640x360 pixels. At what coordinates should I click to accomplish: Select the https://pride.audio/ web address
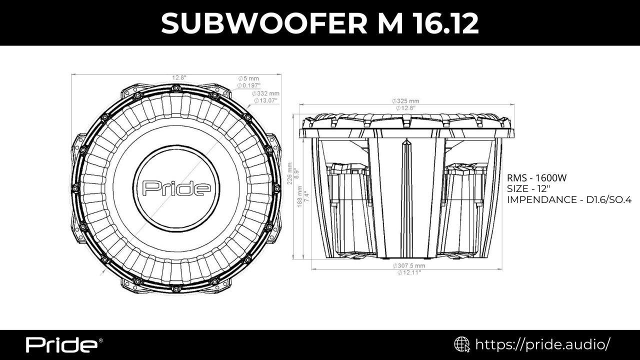pyautogui.click(x=542, y=344)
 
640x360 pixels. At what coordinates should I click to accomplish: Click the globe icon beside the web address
pyautogui.click(x=461, y=344)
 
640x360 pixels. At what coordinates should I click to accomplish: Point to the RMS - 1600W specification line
pyautogui.click(x=536, y=178)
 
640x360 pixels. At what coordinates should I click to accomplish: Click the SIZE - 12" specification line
pyautogui.click(x=528, y=188)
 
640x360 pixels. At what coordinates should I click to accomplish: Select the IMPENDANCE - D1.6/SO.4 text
pyautogui.click(x=569, y=199)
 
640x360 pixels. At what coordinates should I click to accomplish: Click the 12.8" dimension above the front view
pyautogui.click(x=179, y=77)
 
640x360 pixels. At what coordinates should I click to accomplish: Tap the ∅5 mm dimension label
pyautogui.click(x=248, y=78)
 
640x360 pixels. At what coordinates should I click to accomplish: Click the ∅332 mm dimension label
pyautogui.click(x=265, y=93)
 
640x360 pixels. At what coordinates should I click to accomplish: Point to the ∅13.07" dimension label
pyautogui.click(x=265, y=100)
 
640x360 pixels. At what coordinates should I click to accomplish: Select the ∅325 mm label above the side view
pyautogui.click(x=405, y=101)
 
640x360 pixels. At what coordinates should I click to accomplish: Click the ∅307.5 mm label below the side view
pyautogui.click(x=408, y=265)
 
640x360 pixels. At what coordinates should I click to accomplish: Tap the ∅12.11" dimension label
pyautogui.click(x=408, y=272)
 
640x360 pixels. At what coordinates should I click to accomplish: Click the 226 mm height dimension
pyautogui.click(x=290, y=173)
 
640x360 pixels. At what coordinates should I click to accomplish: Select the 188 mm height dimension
pyautogui.click(x=300, y=197)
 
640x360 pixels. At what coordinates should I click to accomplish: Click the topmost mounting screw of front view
pyautogui.click(x=176, y=88)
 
